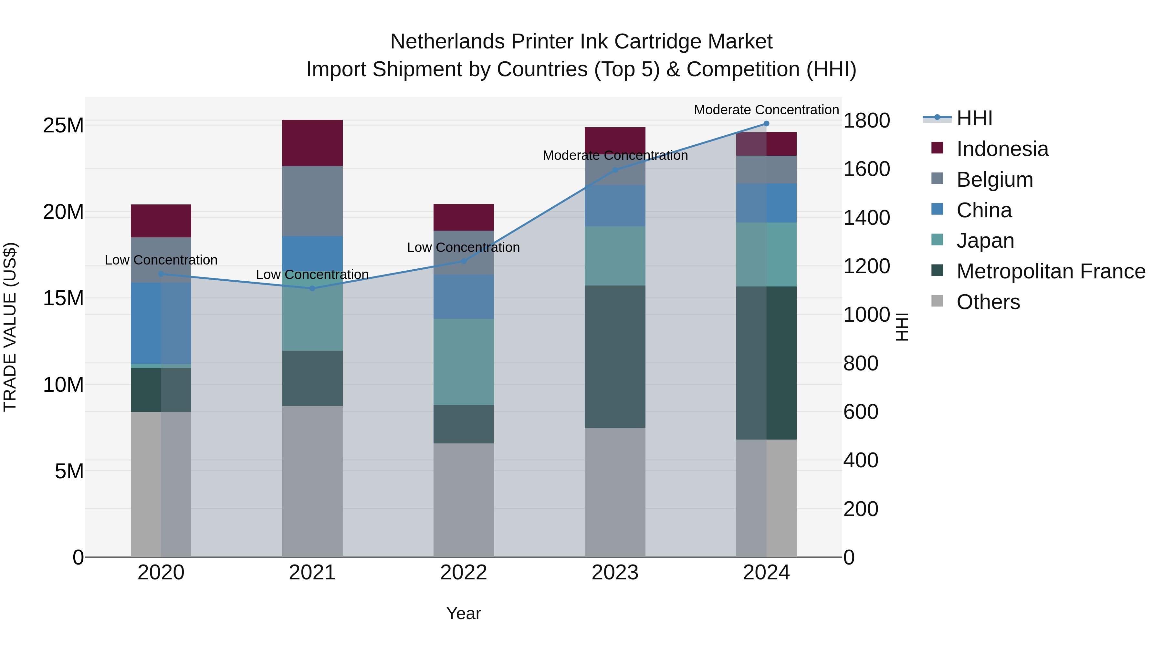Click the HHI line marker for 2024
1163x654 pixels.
coord(766,124)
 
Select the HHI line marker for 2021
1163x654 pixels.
coord(312,288)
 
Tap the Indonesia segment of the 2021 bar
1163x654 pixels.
coord(312,143)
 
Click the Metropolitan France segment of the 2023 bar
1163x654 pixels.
coord(615,357)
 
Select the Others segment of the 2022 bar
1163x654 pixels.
coord(464,500)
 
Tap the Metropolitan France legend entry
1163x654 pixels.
coord(1050,271)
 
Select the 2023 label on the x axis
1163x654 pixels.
coord(615,573)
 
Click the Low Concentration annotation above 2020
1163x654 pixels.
coord(161,260)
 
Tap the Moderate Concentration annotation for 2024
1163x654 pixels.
coord(766,110)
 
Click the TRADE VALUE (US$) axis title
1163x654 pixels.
coord(10,327)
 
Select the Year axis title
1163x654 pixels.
coord(464,613)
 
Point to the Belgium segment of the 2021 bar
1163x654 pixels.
coord(312,201)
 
